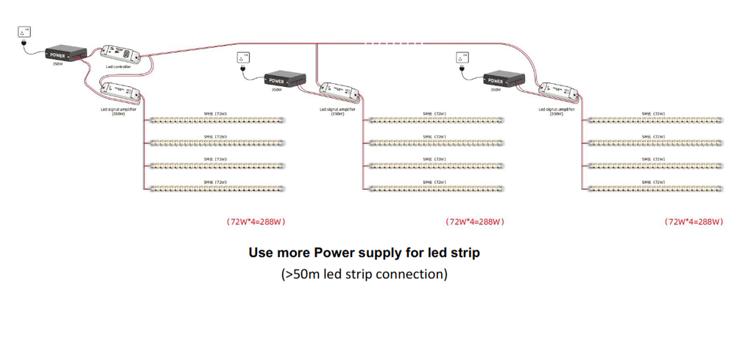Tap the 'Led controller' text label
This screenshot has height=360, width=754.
pos(118,67)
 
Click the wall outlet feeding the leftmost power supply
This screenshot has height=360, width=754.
pos(25,32)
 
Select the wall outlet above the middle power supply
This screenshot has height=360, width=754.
pos(243,57)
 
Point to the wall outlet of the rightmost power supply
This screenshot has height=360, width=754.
pos(462,57)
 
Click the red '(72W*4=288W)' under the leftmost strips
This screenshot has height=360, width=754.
pos(256,221)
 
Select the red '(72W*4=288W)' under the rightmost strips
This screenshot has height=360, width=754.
pos(694,221)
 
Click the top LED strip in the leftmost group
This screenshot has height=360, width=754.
pos(216,120)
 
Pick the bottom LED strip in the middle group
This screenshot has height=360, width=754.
pos(436,188)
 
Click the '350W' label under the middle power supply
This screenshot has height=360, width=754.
pos(277,91)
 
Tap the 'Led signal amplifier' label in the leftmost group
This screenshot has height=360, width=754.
pos(119,109)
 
